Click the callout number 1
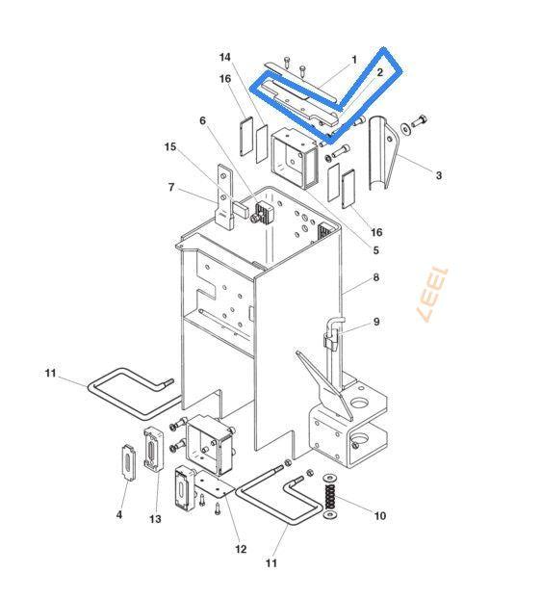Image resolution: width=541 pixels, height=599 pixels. pos(354,60)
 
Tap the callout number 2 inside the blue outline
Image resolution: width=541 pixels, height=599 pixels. pos(379,72)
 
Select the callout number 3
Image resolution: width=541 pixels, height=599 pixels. pos(439,175)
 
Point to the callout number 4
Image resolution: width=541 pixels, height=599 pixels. pos(119,515)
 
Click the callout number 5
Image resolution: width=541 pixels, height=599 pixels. pos(376,250)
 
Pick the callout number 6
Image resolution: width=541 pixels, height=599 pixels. pos(202,120)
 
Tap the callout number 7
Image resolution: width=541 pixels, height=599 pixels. pos(171,187)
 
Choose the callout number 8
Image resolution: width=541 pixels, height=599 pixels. pos(376,277)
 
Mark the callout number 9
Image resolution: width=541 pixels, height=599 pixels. pos(376,322)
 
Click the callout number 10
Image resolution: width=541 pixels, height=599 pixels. pos(379,516)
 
